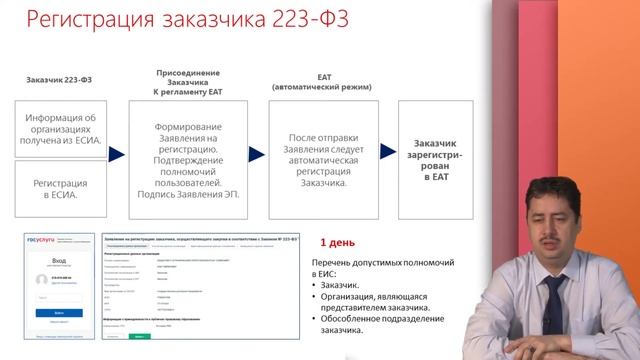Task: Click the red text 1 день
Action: click(x=337, y=242)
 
